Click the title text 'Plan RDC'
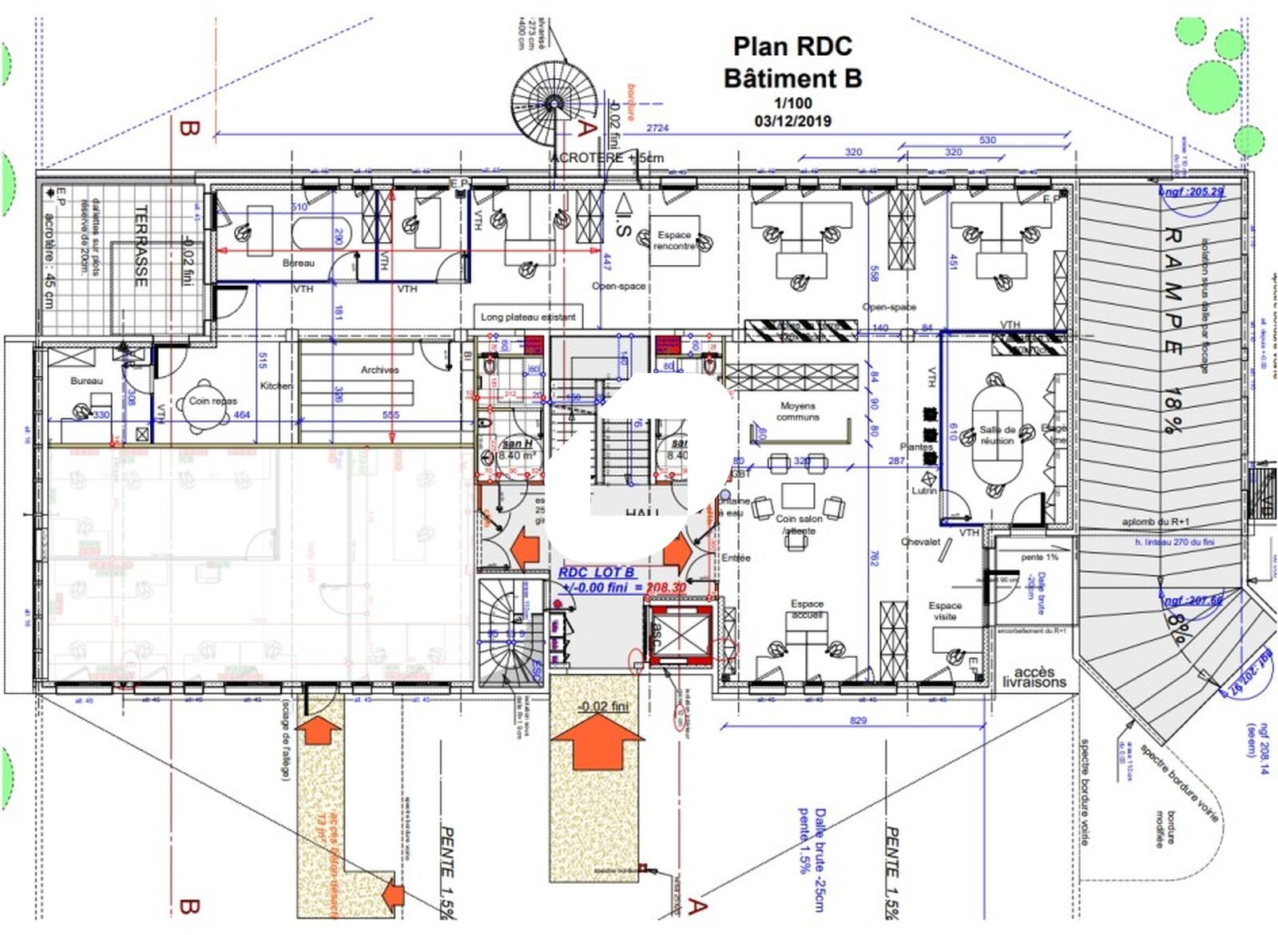[792, 46]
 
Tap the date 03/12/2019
[792, 121]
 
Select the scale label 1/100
[792, 103]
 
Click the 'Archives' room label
[379, 370]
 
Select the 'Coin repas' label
[212, 401]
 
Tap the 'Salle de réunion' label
[997, 435]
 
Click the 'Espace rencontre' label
[674, 240]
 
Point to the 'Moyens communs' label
[797, 411]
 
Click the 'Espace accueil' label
[807, 609]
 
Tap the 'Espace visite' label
[945, 611]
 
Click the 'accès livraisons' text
[1034, 677]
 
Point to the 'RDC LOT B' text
[597, 572]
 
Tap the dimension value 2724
[657, 128]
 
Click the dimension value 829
[858, 720]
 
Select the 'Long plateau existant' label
[528, 317]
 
